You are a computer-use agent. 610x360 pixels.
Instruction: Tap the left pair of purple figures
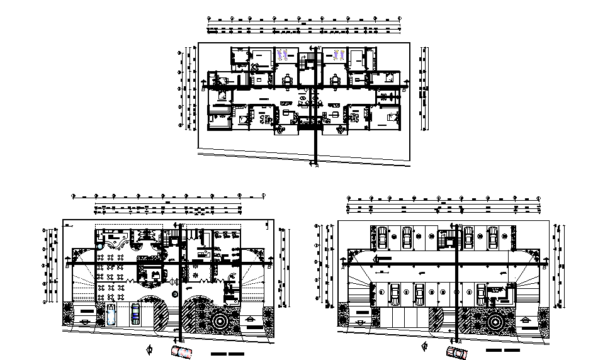283,55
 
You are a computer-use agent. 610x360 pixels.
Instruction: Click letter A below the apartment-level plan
316,166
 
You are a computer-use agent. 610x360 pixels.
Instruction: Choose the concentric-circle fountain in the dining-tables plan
222,320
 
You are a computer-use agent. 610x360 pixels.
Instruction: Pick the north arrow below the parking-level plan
426,348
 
